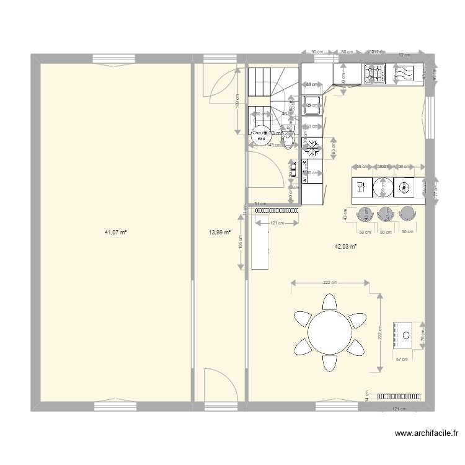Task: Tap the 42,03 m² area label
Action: pyautogui.click(x=345, y=246)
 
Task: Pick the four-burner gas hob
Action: pyautogui.click(x=375, y=74)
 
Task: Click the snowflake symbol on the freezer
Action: pyautogui.click(x=312, y=148)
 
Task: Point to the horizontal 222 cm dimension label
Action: pyautogui.click(x=330, y=283)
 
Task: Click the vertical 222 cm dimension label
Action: pyautogui.click(x=380, y=333)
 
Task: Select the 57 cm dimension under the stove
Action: pyautogui.click(x=402, y=359)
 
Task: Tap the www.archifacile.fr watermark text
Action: pyautogui.click(x=422, y=434)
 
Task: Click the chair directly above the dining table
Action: pyautogui.click(x=330, y=302)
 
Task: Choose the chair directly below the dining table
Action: pyautogui.click(x=330, y=361)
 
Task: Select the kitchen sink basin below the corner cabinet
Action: pyautogui.click(x=312, y=102)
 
